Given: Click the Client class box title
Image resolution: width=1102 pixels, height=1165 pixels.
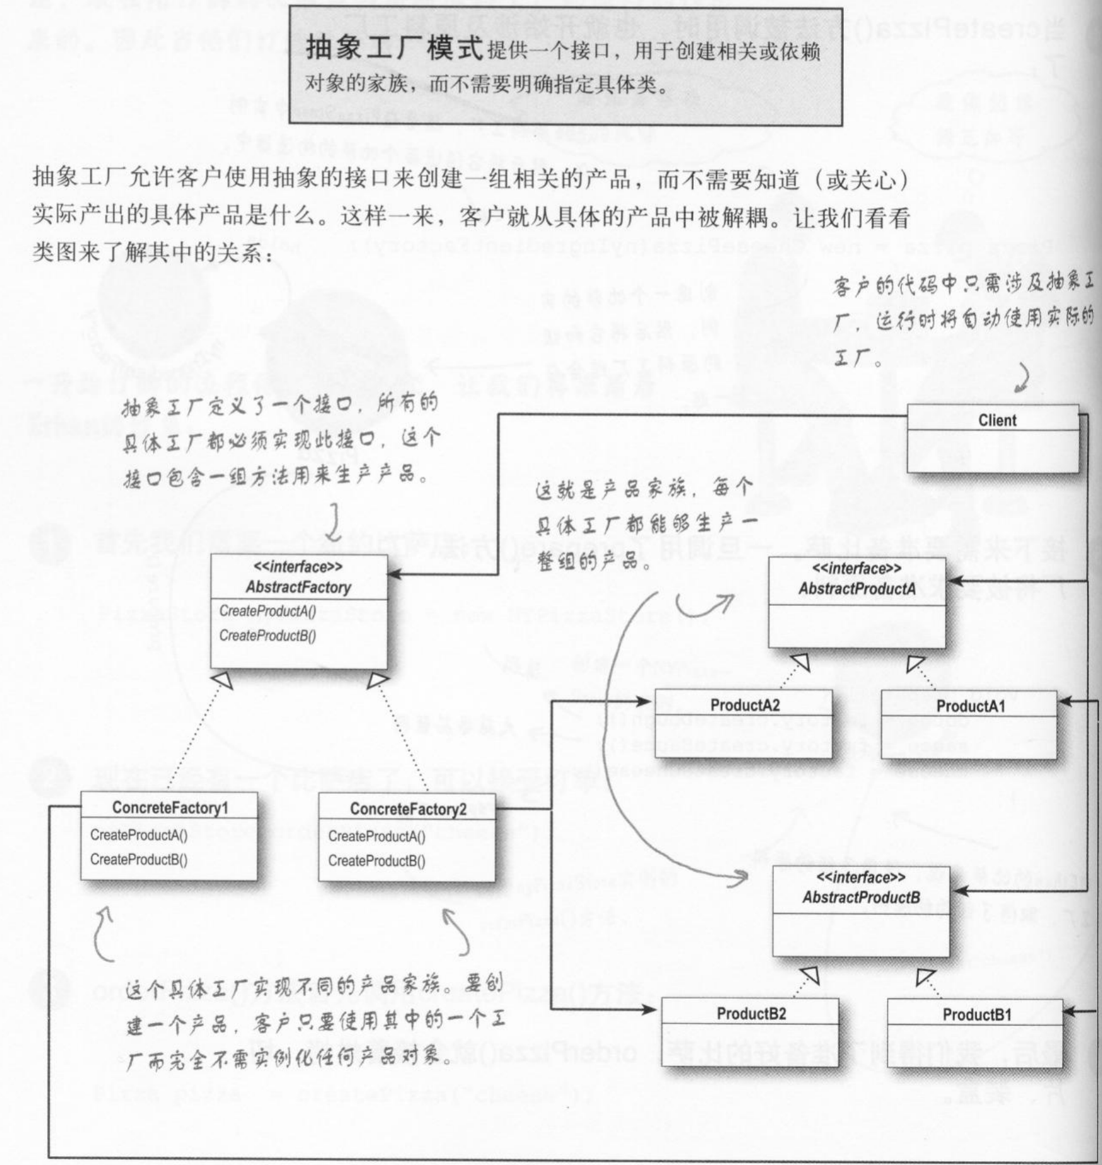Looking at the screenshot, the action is tap(997, 420).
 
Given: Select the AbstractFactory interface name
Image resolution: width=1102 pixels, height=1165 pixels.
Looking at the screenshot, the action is tap(298, 588).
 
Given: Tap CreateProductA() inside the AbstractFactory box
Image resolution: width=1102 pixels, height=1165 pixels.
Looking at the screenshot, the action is tap(268, 612).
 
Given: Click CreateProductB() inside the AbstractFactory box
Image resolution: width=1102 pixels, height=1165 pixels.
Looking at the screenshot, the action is tap(268, 636).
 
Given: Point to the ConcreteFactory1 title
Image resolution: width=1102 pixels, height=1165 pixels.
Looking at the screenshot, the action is tap(170, 808).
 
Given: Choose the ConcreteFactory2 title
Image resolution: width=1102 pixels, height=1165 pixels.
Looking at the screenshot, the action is tap(408, 809).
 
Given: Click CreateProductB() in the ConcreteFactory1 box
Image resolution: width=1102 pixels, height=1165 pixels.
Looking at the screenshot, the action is tap(139, 860).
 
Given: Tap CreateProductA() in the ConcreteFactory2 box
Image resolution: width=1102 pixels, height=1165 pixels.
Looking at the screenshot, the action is tap(377, 837).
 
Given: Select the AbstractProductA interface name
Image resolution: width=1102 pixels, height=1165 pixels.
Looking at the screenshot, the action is tap(856, 589).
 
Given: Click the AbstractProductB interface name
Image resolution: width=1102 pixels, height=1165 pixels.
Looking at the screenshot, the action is tap(861, 897).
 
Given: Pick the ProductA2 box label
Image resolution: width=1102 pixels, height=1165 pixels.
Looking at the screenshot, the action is tap(745, 705).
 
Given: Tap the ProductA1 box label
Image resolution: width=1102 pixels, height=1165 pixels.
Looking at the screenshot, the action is tap(971, 706).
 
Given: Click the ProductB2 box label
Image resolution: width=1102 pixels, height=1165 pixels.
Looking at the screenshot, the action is tap(751, 1014).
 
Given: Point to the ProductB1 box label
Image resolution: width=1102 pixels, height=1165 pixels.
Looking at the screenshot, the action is tap(977, 1015).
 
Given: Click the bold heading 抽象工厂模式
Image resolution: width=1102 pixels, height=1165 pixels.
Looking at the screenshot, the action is tap(394, 49).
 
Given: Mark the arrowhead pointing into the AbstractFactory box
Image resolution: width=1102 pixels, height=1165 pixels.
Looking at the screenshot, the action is tap(395, 574).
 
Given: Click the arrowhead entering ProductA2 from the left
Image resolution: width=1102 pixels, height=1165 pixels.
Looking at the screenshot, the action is tap(646, 701).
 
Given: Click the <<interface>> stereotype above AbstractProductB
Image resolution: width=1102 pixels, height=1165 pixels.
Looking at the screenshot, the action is tap(861, 878).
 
